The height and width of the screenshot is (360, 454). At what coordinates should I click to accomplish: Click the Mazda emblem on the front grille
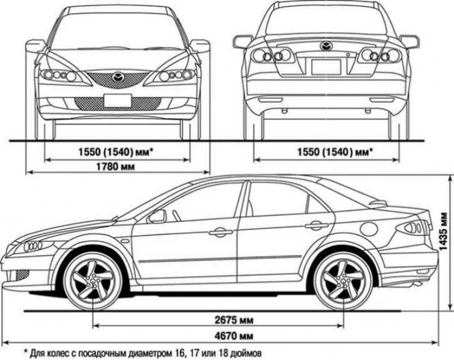point(117,77)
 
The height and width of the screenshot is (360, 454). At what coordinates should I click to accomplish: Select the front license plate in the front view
point(117,101)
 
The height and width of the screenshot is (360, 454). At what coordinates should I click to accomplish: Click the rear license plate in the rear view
point(326,66)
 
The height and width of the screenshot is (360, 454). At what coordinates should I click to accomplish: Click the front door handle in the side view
point(220,232)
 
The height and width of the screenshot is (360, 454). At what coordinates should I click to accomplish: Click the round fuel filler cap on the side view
point(369,229)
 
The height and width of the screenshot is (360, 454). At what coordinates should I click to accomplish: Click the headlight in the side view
point(33,246)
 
